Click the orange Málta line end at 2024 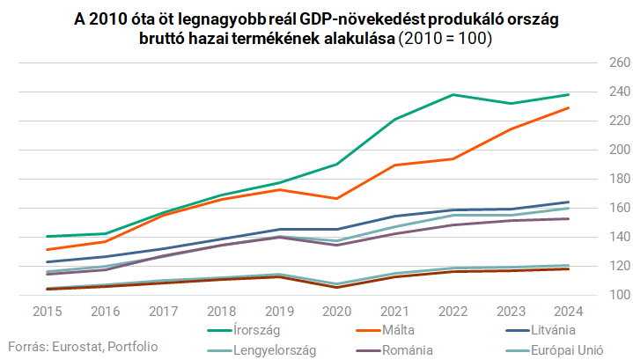[568, 107]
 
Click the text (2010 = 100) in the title [445, 39]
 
